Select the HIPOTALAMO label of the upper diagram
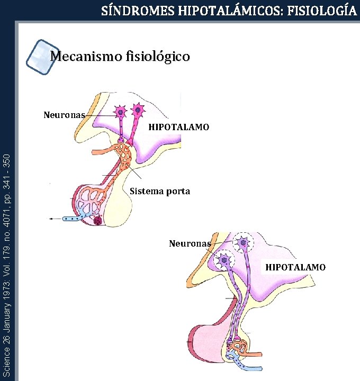pos(178,127)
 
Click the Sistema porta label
pos(159,191)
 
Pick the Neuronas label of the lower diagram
pos(190,243)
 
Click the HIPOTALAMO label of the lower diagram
pos(295,267)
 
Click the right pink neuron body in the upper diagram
pos(139,111)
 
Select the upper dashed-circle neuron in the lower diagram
pos(243,243)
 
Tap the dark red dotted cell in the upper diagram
pos(98,220)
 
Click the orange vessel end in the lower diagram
pos(256,353)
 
